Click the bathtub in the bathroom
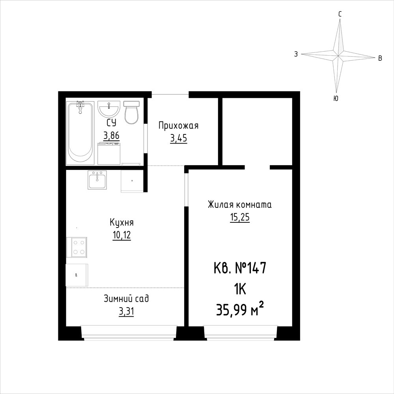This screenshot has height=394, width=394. coord(80,133)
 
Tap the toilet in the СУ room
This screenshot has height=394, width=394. coord(132,112)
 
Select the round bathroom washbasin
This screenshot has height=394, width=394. coord(108,109)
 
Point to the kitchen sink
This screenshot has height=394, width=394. coord(97,180)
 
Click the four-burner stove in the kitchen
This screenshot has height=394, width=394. coord(77,247)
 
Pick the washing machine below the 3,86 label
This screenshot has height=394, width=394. coord(109,153)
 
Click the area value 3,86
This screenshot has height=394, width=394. coord(111,136)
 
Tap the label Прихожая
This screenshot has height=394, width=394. coord(178,125)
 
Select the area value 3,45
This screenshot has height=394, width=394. coord(179,138)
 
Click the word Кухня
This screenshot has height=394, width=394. coord(122,222)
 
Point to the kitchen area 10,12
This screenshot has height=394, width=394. coord(122,235)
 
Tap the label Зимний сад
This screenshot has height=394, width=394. coord(126,299)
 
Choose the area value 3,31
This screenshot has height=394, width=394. coord(126,312)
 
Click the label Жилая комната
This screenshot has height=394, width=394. coord(240,205)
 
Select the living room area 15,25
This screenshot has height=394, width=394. coord(240,217)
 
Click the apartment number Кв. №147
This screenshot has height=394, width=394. coord(240,268)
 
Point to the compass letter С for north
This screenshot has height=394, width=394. coord(340,14)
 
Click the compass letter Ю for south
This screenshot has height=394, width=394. coord(336,99)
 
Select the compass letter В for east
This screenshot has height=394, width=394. coord(380,58)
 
